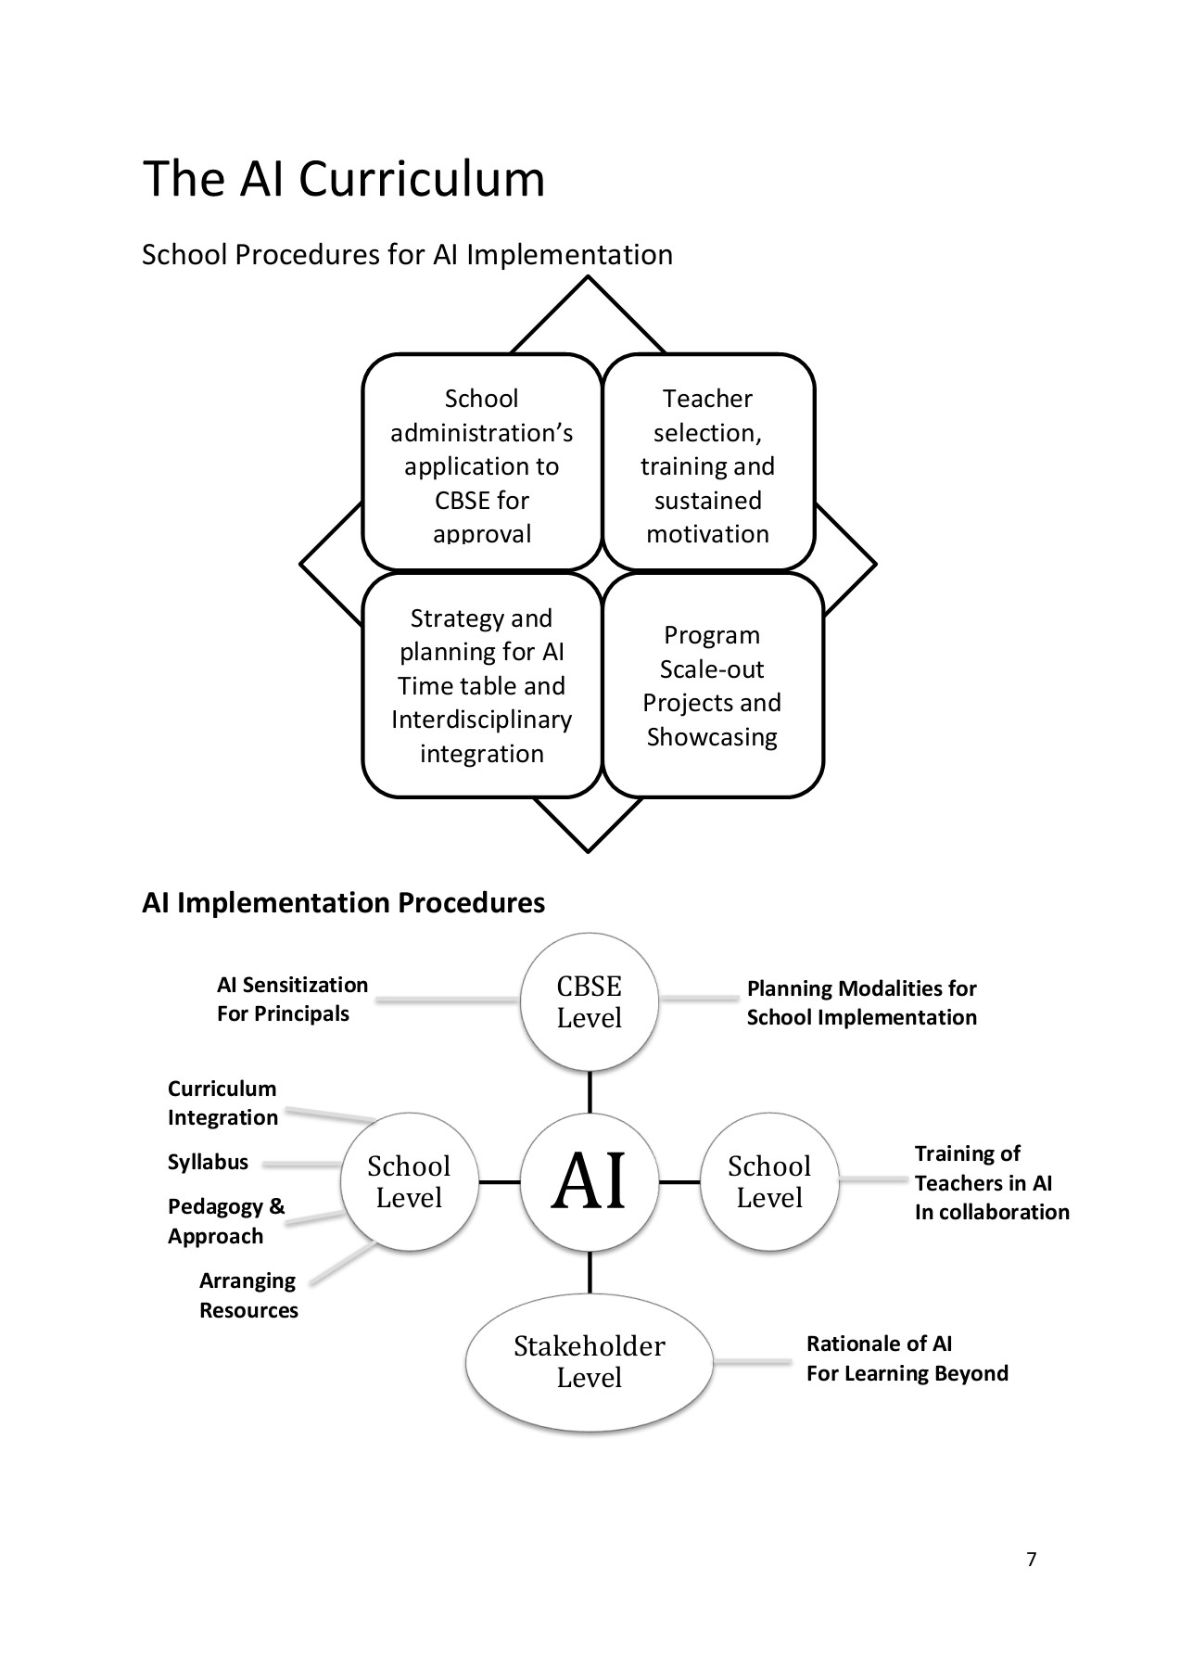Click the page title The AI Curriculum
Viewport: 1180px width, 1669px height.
tap(343, 179)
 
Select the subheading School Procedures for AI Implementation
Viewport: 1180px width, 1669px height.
tap(407, 255)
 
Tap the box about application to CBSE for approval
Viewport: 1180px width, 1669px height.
tap(481, 464)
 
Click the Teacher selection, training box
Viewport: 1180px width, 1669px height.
tap(708, 464)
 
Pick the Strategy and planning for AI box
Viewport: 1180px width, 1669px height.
tap(481, 685)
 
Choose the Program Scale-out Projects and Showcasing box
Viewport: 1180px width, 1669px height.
tap(712, 685)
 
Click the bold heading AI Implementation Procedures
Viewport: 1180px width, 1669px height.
tap(343, 902)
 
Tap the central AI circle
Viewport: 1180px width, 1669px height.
tap(590, 1181)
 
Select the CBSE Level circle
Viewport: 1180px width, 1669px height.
tap(590, 1002)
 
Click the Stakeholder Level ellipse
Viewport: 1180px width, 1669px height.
tap(590, 1361)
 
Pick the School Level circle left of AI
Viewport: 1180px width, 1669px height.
tap(409, 1181)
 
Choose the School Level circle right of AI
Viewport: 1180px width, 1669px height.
tap(769, 1181)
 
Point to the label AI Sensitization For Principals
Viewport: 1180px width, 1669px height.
tap(291, 999)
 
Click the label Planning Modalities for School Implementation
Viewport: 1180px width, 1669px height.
tap(861, 1002)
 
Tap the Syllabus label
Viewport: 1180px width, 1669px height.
tap(208, 1162)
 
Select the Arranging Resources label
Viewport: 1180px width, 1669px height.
tap(247, 1295)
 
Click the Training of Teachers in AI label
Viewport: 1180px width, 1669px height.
tap(990, 1182)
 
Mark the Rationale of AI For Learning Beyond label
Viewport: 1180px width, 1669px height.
tap(906, 1358)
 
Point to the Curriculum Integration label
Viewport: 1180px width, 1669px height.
tap(222, 1102)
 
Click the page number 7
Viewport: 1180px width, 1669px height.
tap(1032, 1560)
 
